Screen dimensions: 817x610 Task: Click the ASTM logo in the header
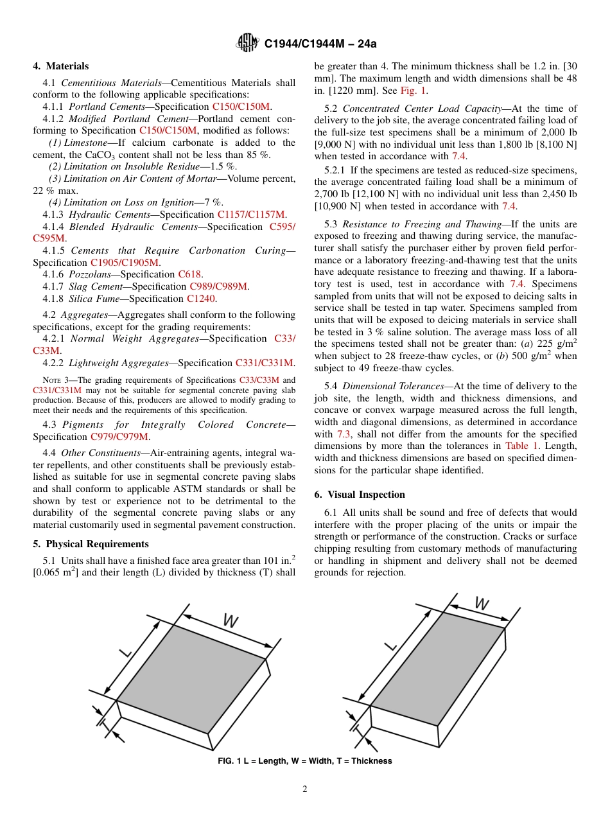[247, 43]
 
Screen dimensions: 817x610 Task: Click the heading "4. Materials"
[60, 66]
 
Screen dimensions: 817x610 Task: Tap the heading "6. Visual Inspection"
[360, 495]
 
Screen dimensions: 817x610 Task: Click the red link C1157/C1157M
[251, 215]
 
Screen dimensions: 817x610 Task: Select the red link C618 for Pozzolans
[189, 274]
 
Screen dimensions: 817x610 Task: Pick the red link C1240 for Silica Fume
[202, 299]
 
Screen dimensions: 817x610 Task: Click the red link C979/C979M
[119, 437]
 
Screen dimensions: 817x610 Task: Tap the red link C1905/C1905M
[124, 263]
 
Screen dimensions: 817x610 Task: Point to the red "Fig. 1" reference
[414, 91]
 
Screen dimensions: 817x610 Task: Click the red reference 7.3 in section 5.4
[344, 434]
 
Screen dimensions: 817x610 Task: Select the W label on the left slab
[231, 620]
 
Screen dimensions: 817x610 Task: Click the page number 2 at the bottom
[305, 789]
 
